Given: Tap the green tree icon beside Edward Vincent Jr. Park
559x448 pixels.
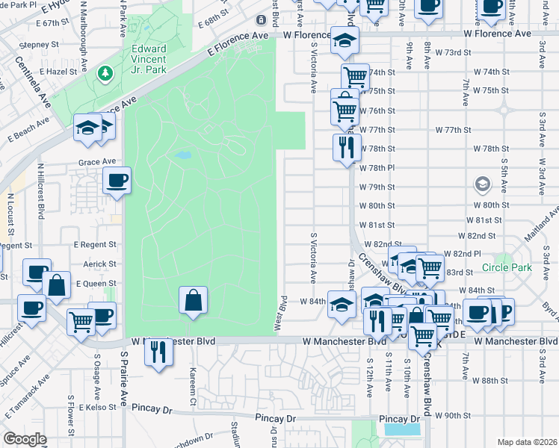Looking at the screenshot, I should click(105, 73).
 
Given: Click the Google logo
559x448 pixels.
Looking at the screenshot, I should click(24, 439).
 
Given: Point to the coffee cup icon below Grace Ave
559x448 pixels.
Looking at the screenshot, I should click(117, 180).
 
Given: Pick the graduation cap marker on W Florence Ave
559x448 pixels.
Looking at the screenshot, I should click(344, 40).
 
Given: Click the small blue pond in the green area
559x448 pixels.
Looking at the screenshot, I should click(182, 156).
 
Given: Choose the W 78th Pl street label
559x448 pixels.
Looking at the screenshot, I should click(375, 168).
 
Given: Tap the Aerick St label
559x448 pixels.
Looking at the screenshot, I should click(100, 264).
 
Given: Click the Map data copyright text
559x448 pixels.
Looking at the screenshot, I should click(527, 441).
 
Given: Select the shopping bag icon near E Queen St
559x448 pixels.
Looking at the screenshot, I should click(56, 284).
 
